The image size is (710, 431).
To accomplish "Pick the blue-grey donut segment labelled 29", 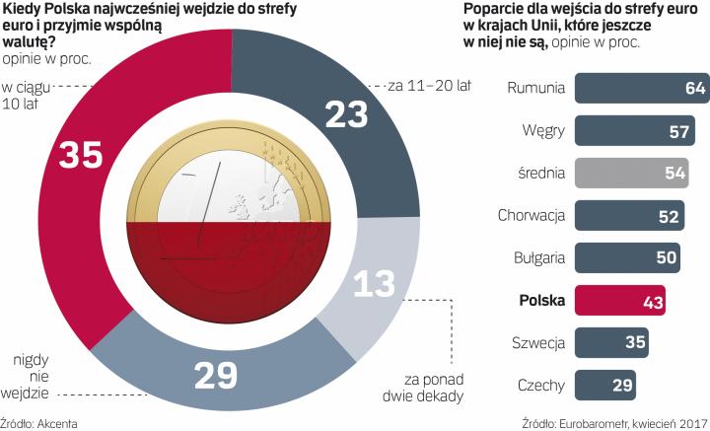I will click(217, 376).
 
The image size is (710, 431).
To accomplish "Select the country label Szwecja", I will click(537, 342).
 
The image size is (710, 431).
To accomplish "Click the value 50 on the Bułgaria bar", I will click(666, 257).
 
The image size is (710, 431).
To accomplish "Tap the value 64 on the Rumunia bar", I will click(694, 88).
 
